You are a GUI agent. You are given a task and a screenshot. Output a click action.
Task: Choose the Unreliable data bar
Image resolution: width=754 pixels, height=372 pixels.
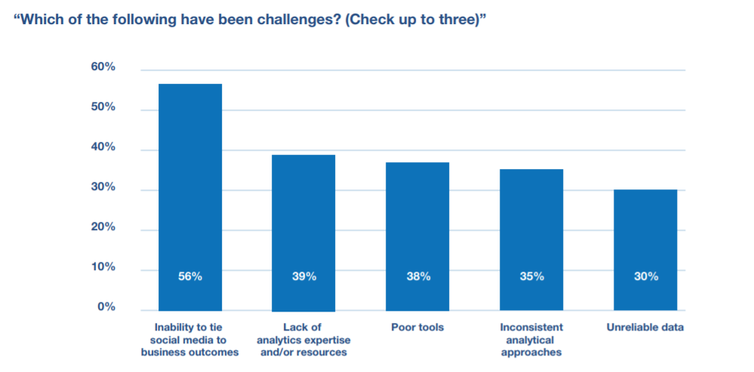[x=645, y=249]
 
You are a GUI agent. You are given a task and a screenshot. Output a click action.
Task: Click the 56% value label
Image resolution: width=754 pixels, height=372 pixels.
[x=190, y=276]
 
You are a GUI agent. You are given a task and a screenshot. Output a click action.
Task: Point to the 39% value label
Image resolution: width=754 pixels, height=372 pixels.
[x=304, y=276]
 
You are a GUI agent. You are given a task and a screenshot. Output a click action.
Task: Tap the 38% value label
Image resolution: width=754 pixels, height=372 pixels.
[x=418, y=276]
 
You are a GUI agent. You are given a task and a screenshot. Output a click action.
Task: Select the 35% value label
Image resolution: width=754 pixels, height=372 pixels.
[x=532, y=276]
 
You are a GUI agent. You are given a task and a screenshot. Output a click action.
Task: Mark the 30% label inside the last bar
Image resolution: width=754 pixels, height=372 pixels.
[x=646, y=276]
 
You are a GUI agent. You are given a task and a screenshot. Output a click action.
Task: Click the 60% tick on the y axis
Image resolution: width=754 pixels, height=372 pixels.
[x=103, y=67]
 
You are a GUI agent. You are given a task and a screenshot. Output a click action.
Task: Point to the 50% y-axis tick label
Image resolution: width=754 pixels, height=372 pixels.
[x=103, y=107]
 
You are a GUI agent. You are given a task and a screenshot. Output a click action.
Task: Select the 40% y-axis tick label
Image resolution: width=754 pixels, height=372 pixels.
[x=103, y=147]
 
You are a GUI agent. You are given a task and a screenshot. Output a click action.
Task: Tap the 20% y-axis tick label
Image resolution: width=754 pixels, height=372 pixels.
[x=103, y=227]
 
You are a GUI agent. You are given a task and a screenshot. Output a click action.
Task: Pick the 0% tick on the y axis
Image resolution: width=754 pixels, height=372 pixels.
[x=106, y=307]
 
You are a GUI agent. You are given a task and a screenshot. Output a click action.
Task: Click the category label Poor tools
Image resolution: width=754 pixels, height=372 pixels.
[x=417, y=327]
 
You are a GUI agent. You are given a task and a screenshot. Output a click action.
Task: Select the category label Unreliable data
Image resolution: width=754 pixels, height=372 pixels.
[x=645, y=327]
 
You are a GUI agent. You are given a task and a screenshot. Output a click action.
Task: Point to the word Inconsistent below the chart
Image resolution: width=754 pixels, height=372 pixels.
[x=531, y=327]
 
